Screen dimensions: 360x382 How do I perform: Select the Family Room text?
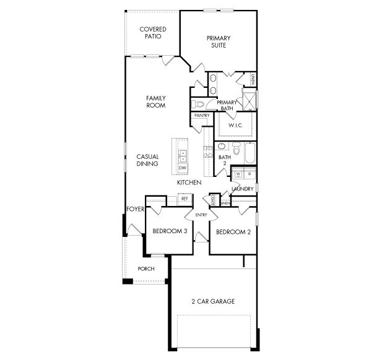point(155,101)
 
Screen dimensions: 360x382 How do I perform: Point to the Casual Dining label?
point(148,160)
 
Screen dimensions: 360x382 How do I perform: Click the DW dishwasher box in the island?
point(183,168)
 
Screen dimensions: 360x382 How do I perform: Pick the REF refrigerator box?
point(184,199)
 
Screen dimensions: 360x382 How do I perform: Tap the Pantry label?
point(202,116)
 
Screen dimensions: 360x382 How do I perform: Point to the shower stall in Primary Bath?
point(250,99)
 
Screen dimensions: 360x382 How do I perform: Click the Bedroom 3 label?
point(170,231)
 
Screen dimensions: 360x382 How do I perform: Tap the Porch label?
point(146,268)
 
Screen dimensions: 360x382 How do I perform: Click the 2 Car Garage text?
point(213,301)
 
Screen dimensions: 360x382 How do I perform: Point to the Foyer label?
point(135,209)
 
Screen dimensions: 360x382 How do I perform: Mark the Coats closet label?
point(212,200)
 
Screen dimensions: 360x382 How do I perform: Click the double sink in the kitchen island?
point(183,154)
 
